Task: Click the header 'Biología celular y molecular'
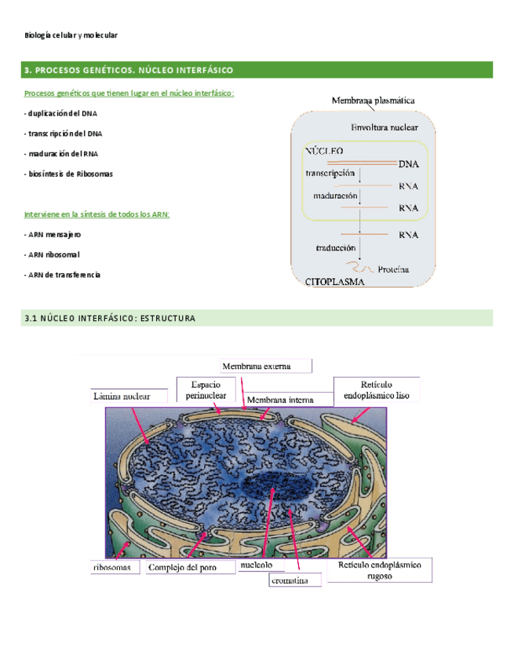pos(71,36)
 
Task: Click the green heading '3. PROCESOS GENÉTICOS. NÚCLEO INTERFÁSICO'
pos(129,71)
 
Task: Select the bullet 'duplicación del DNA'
pos(61,114)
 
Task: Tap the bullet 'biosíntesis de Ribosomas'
pos(68,174)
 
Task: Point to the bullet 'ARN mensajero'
pos(53,235)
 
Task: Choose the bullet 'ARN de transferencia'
pos(63,275)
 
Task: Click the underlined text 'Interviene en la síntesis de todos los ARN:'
pos(97,214)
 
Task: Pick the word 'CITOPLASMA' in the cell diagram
pos(334,286)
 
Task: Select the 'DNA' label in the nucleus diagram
pos(408,164)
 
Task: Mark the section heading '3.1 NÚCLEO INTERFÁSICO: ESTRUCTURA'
pos(110,318)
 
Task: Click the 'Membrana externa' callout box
pos(265,366)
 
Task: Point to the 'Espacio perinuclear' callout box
pos(206,390)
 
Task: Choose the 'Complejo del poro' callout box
pos(189,566)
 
